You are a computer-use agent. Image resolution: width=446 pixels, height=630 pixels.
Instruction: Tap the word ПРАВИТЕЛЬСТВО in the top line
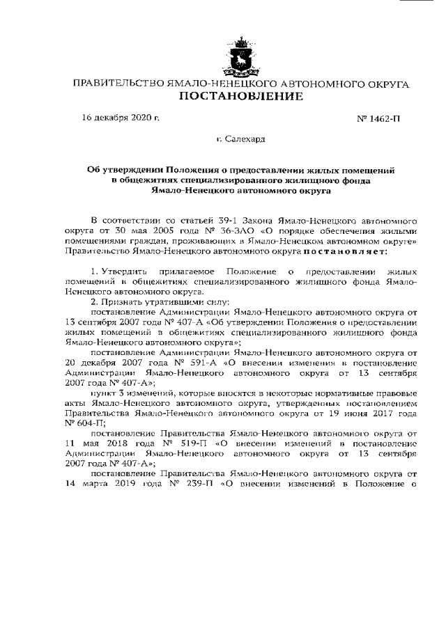116,84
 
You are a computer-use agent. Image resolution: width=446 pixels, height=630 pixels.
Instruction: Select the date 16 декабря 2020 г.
121,118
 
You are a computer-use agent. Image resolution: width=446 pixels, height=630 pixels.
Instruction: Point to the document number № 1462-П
378,119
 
